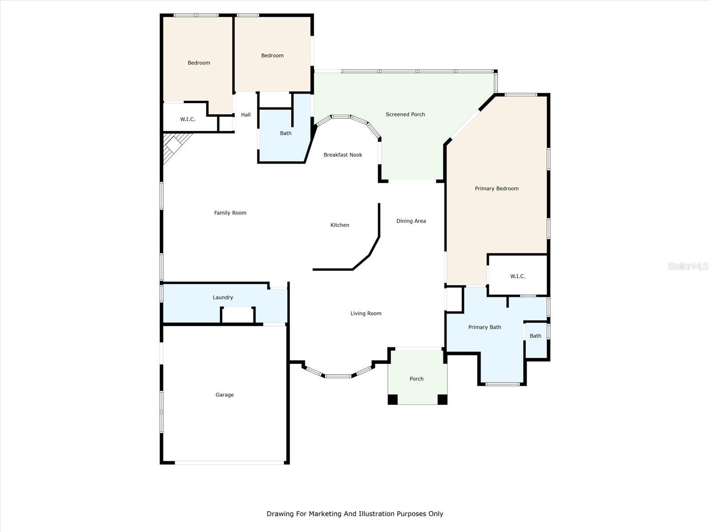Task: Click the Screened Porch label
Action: pyautogui.click(x=405, y=114)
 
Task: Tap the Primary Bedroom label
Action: pyautogui.click(x=497, y=188)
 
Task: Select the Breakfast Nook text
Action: pyautogui.click(x=343, y=155)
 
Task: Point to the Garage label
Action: pyautogui.click(x=225, y=395)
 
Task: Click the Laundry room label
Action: pyautogui.click(x=223, y=297)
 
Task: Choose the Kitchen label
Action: pyautogui.click(x=339, y=225)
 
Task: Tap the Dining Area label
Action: pyautogui.click(x=411, y=221)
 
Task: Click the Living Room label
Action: pyautogui.click(x=366, y=313)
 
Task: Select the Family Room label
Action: pyautogui.click(x=230, y=213)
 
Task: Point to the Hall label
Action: pyautogui.click(x=246, y=115)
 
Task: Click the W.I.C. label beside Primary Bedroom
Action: pyautogui.click(x=517, y=276)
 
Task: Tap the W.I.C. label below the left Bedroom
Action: pyautogui.click(x=187, y=119)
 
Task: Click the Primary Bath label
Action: pyautogui.click(x=485, y=327)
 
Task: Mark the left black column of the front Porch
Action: pyautogui.click(x=393, y=399)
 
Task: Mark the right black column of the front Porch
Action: pyautogui.click(x=442, y=399)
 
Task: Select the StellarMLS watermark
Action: pyautogui.click(x=687, y=266)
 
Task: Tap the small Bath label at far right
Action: pyautogui.click(x=535, y=336)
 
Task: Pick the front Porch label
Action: pyautogui.click(x=416, y=379)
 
